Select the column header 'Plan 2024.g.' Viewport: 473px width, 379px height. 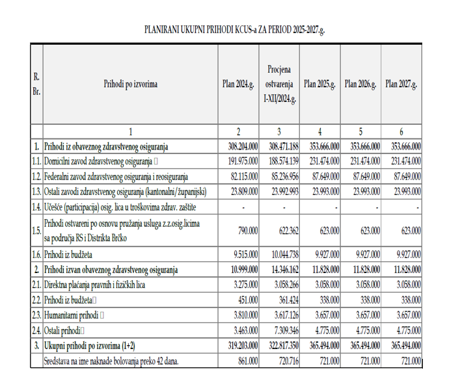point(238,84)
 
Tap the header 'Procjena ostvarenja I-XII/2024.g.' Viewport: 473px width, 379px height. point(280,84)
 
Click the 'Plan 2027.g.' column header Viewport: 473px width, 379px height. point(401,84)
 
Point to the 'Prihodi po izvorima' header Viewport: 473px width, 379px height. point(130,84)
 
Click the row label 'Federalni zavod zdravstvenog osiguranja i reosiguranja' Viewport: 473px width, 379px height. point(116,176)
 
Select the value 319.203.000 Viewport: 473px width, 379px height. point(239,345)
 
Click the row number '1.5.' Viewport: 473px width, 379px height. point(36,230)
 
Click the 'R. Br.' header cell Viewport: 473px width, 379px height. point(36,84)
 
